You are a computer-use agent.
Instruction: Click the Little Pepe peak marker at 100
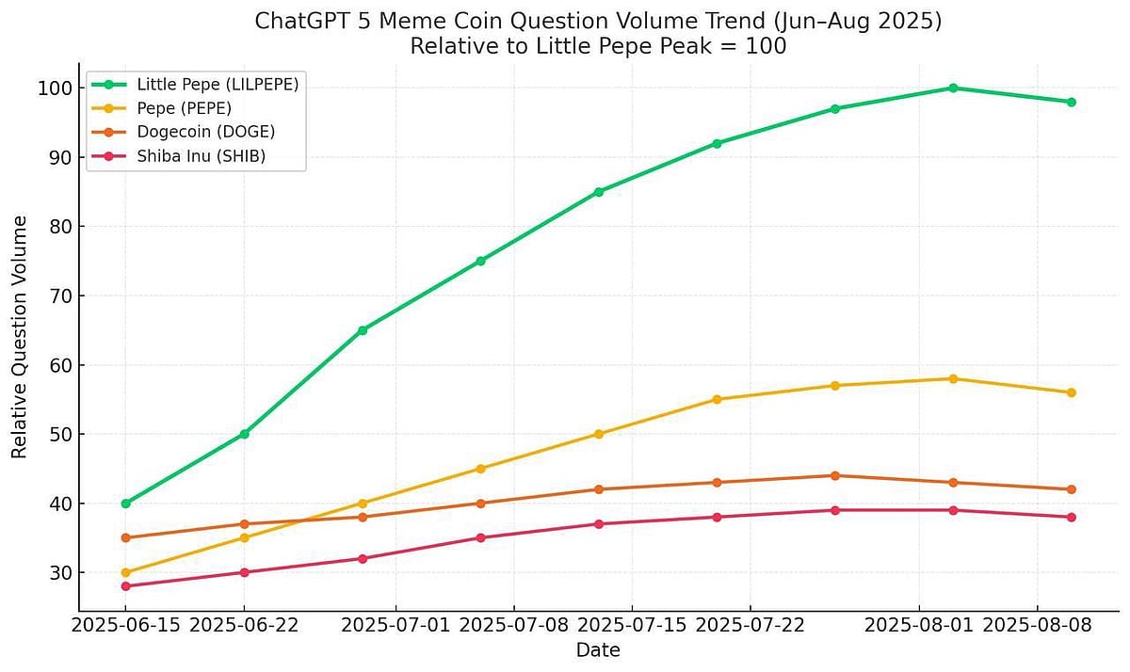(953, 88)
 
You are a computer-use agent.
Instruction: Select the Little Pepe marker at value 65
(363, 330)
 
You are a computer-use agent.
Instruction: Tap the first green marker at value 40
(126, 504)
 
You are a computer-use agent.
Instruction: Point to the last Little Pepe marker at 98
(1072, 102)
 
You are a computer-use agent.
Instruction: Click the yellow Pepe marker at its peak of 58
(953, 378)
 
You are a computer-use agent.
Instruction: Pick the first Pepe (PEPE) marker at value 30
(126, 572)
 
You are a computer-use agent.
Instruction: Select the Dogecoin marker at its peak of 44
(835, 475)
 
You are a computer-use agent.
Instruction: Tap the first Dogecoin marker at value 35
(126, 537)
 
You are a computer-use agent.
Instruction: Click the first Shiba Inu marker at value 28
(126, 586)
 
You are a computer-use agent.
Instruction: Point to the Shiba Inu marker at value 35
(480, 537)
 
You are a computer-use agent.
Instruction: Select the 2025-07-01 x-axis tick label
(395, 625)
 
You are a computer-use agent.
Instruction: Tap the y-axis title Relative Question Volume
(20, 336)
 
